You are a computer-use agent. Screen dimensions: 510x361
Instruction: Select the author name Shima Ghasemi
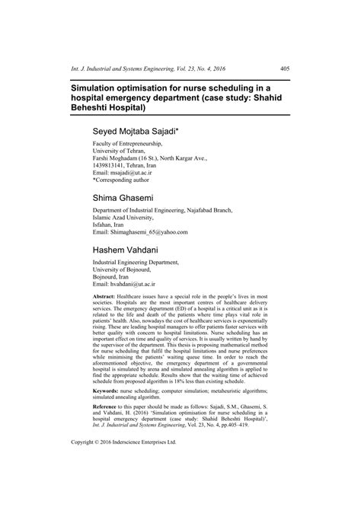(x=133, y=197)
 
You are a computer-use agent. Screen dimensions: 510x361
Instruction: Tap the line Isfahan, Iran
(x=110, y=224)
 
